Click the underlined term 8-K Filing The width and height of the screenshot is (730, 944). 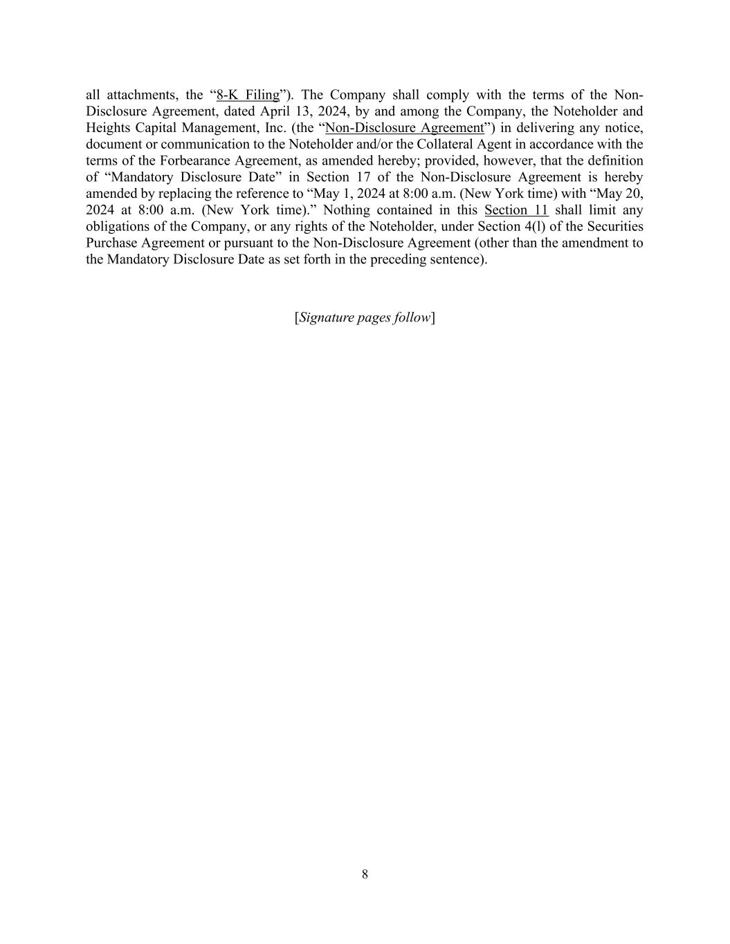point(248,95)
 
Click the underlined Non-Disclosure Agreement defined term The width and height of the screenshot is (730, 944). point(405,128)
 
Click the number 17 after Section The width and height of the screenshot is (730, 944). point(364,177)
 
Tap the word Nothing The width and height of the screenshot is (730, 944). point(346,210)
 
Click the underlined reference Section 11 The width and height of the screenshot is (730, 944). point(516,210)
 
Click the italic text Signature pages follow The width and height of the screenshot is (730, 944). point(365,317)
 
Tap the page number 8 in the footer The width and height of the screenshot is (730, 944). point(365,874)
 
